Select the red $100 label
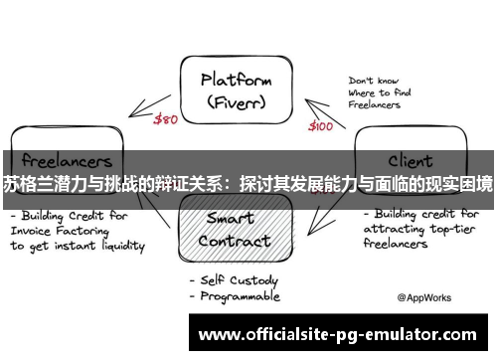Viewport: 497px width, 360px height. (x=320, y=126)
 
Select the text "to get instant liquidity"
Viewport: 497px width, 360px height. (x=78, y=245)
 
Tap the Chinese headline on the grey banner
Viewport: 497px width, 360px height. (x=248, y=184)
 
